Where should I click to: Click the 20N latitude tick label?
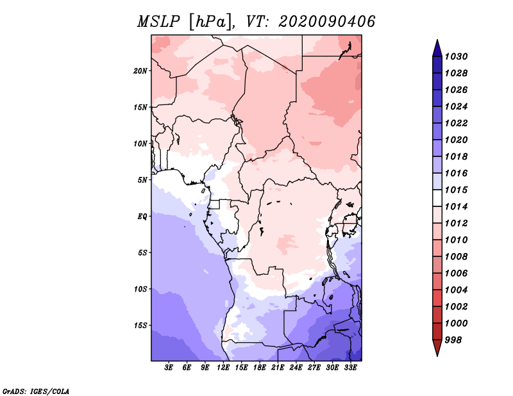coord(140,70)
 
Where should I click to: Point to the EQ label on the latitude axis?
coord(142,216)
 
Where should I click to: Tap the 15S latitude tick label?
coord(140,325)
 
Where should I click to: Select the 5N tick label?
coord(142,179)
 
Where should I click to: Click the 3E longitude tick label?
coord(169,368)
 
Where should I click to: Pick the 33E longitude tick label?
coord(351,368)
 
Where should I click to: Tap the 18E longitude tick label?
coord(260,368)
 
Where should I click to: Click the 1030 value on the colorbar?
coord(458,56)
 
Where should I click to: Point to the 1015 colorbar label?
coord(458,190)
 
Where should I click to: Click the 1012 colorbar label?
coord(458,224)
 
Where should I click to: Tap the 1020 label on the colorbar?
coord(458,140)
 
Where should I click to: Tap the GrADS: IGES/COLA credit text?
coord(36,390)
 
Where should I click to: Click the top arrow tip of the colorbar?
coord(437,42)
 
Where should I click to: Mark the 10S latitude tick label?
coord(140,289)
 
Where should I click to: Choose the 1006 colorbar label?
coord(458,273)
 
